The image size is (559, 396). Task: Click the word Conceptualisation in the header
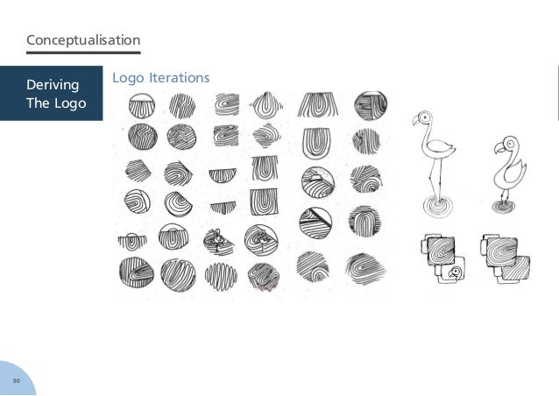click(83, 40)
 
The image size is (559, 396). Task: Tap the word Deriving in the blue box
click(52, 85)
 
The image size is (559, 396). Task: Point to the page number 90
click(16, 381)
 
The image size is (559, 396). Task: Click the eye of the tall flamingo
click(424, 117)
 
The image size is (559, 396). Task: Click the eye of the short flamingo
click(506, 144)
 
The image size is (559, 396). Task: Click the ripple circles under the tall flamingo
click(433, 207)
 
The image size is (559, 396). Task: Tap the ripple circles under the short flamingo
click(505, 208)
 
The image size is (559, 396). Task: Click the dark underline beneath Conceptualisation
click(83, 53)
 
